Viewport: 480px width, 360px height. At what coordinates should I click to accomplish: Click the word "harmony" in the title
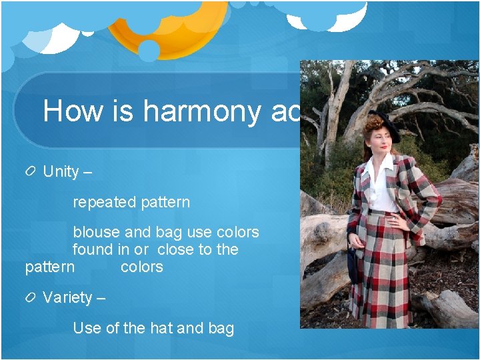[x=201, y=111]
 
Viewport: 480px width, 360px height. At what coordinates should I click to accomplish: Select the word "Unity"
[x=61, y=171]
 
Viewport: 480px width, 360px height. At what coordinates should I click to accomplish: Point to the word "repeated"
[x=103, y=202]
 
